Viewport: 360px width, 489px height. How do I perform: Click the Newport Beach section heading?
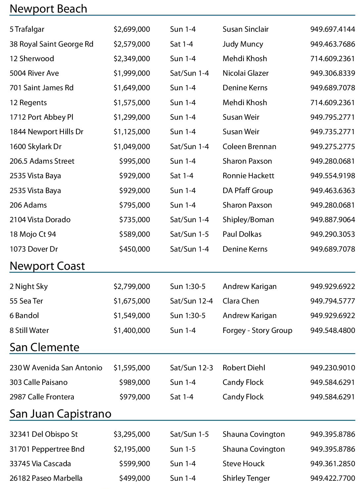[x=48, y=9]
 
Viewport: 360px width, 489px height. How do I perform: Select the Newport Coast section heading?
[x=47, y=266]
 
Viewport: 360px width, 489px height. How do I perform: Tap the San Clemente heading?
[x=44, y=347]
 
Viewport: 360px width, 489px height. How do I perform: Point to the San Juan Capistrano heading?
[x=60, y=414]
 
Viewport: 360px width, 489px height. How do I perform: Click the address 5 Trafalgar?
[x=27, y=29]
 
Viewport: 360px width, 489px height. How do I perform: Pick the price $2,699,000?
[x=132, y=29]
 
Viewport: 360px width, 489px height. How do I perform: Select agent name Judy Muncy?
[x=243, y=44]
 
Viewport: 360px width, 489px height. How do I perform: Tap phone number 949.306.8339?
[x=333, y=73]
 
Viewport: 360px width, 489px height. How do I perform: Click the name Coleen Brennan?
[x=249, y=146]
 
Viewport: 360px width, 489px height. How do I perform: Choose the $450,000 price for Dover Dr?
[x=135, y=249]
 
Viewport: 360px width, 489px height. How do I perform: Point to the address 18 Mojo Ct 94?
[x=33, y=234]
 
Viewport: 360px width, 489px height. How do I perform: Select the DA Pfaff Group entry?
[x=248, y=190]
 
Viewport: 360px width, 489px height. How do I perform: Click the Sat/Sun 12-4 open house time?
[x=191, y=301]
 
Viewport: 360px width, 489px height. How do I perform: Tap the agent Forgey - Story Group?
[x=257, y=330]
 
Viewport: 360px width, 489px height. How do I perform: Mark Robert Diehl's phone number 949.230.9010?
[x=333, y=368]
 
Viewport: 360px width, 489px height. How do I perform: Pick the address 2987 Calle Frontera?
[x=42, y=397]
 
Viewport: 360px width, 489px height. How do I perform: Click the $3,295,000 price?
[x=132, y=434]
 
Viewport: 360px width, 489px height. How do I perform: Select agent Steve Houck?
[x=244, y=464]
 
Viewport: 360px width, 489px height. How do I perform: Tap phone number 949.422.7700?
[x=333, y=478]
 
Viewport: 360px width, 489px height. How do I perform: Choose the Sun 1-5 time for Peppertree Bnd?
[x=183, y=449]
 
